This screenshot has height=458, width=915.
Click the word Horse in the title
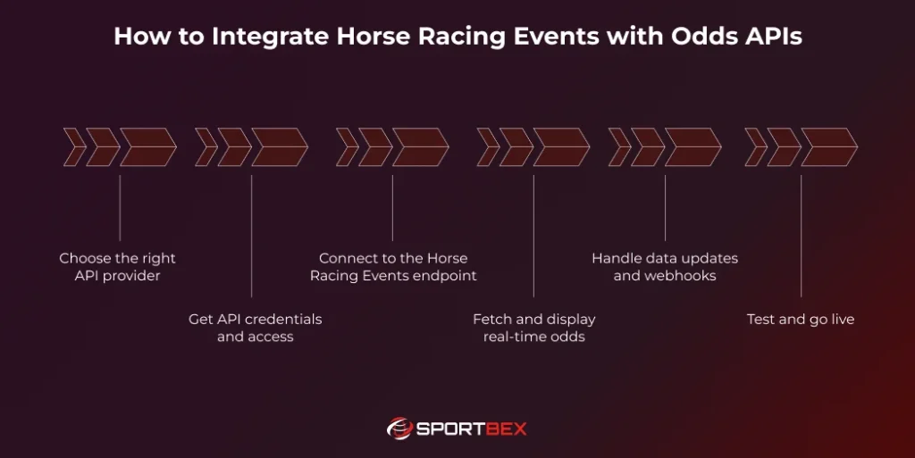coord(389,37)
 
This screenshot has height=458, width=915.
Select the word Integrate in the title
coord(271,37)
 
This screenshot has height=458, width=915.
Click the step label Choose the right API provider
coord(118,267)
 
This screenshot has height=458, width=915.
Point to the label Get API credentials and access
coord(255,328)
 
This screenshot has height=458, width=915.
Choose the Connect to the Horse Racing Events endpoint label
coord(393,267)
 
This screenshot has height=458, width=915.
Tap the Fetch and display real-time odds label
coord(533,328)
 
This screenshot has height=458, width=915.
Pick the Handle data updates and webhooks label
coord(665,267)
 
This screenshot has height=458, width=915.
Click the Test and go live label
coord(800,319)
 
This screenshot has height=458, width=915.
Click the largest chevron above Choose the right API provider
coord(147,147)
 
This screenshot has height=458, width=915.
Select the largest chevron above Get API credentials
coord(278,147)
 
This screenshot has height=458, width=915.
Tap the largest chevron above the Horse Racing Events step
coord(419,147)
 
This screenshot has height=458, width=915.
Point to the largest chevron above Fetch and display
coord(560,147)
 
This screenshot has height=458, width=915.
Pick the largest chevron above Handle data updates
coord(692,147)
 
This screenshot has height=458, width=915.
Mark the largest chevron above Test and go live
coord(827,147)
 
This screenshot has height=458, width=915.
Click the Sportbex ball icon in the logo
coord(399,429)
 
